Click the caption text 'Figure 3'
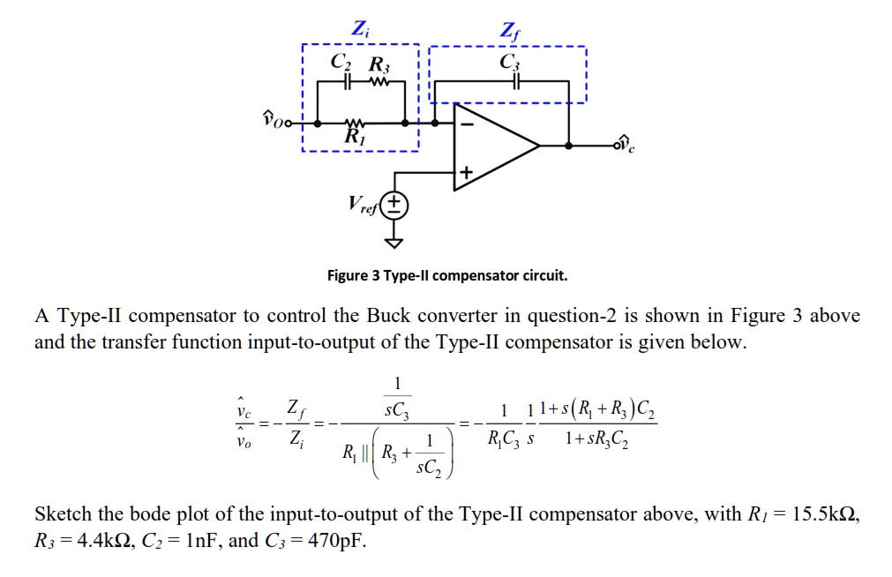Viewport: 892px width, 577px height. pyautogui.click(x=355, y=275)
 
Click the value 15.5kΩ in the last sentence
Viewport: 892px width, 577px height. pyautogui.click(x=824, y=514)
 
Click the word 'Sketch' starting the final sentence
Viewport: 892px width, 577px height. pyautogui.click(x=61, y=514)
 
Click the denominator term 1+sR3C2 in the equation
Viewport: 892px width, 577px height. pyautogui.click(x=609, y=436)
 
